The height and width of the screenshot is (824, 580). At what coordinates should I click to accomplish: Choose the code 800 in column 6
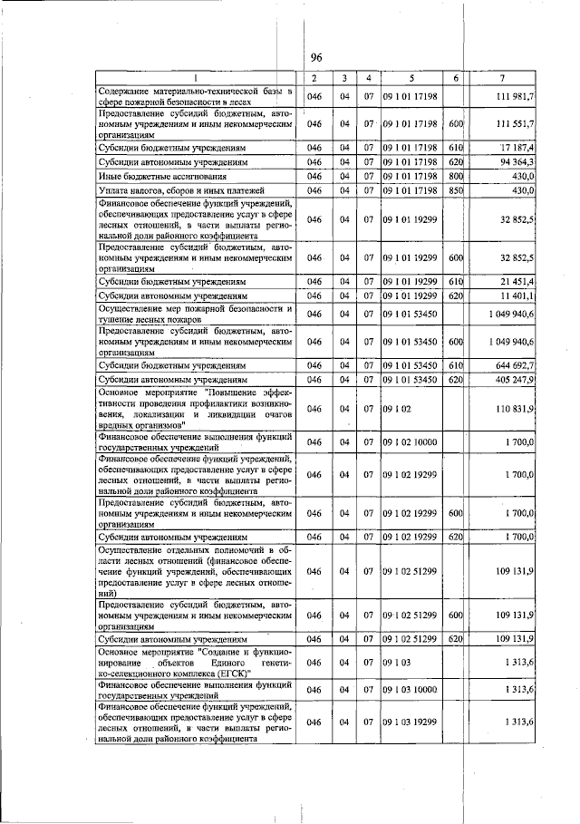[x=456, y=175]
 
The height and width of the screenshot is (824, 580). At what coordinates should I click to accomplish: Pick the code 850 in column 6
[x=456, y=190]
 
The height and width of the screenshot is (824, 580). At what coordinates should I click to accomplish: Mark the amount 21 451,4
[x=517, y=283]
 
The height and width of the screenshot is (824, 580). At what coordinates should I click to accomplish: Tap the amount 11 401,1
[x=517, y=296]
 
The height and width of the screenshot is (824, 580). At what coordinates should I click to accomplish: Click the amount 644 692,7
[x=516, y=364]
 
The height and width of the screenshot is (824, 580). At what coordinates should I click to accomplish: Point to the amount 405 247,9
[x=516, y=379]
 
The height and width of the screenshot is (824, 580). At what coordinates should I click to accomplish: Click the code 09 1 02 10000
[x=410, y=441]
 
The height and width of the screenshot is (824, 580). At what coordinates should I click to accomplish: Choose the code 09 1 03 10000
[x=411, y=690]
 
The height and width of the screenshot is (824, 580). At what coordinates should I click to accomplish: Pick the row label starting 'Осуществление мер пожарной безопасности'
[x=196, y=314]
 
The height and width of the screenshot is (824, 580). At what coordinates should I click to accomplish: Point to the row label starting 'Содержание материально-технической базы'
[x=196, y=96]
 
